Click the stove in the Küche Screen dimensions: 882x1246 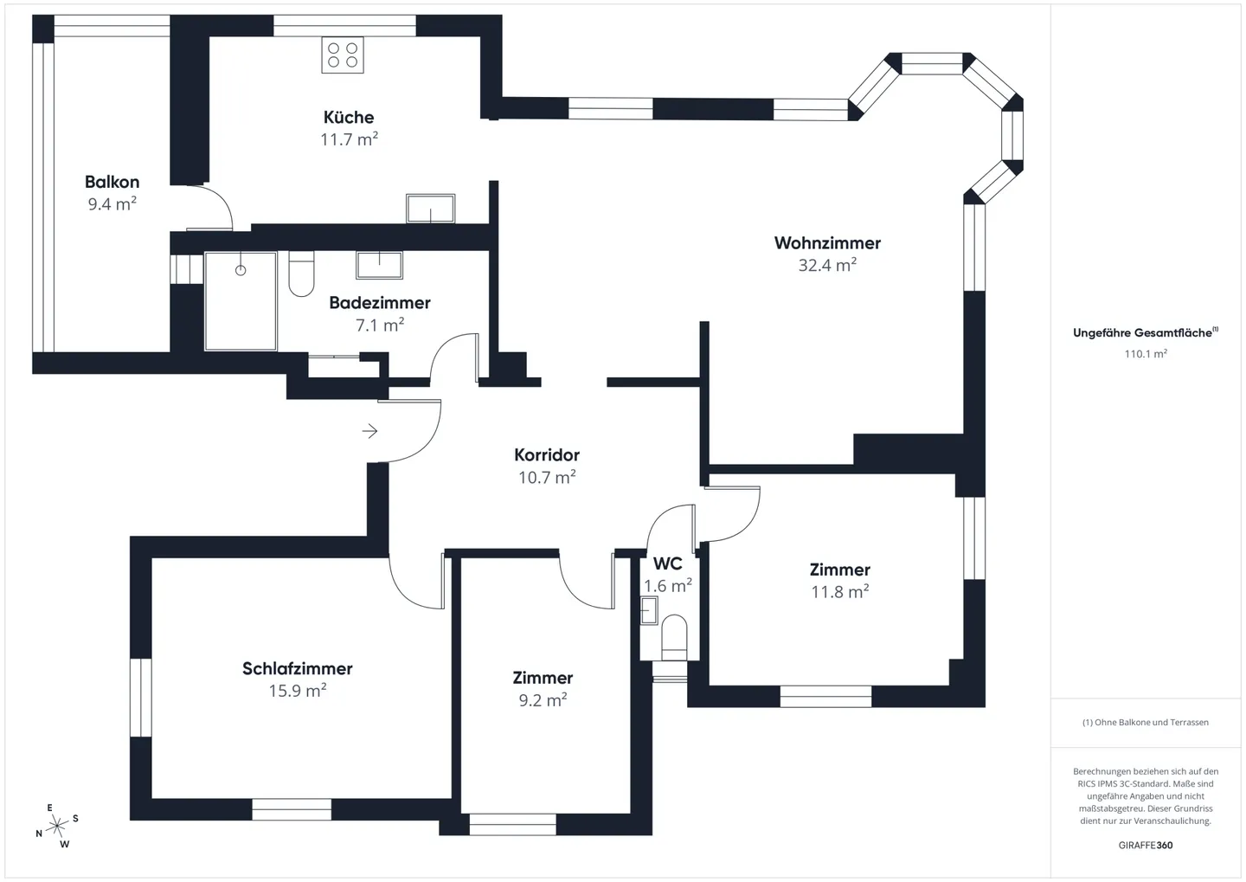coord(343,55)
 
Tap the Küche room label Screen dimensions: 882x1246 coord(349,118)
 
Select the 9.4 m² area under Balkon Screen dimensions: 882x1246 coord(112,204)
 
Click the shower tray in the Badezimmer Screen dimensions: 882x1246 coord(241,301)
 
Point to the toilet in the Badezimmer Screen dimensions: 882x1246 coord(301,274)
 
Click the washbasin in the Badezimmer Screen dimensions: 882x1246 coord(379,264)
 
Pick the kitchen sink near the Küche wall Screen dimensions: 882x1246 coord(430,209)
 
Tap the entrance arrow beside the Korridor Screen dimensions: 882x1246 coord(370,431)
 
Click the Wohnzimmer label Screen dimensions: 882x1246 coord(827,243)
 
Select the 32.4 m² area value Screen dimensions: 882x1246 coord(827,266)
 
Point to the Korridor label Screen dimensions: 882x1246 coord(547,455)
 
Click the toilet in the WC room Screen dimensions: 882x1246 coord(673,636)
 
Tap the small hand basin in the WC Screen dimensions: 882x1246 coord(649,610)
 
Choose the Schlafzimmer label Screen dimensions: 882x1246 coord(297,669)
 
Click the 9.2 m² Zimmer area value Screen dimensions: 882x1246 coord(543,700)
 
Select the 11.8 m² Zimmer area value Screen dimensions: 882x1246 coord(839,592)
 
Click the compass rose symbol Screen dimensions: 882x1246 coord(57,827)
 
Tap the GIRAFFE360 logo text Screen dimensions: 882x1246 coord(1145,845)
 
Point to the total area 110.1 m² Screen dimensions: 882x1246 coord(1145,354)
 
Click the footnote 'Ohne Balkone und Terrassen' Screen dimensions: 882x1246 coord(1145,722)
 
